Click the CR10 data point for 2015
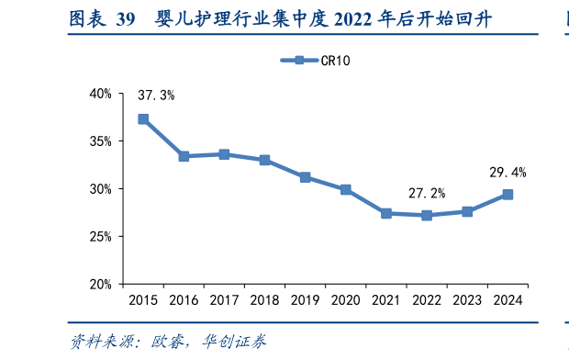(x=143, y=119)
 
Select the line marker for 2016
(x=184, y=156)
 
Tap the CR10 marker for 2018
(x=264, y=160)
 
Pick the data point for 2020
(x=345, y=189)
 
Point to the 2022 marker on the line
(x=427, y=215)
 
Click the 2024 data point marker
(x=508, y=195)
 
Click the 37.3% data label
(x=156, y=96)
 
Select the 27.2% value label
(x=427, y=193)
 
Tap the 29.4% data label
(x=508, y=172)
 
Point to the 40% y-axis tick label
(x=100, y=94)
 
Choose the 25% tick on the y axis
(x=100, y=237)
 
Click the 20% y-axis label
(x=100, y=285)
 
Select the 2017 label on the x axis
(x=224, y=300)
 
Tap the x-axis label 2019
(x=305, y=300)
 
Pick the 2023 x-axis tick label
(x=467, y=300)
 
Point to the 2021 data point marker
(x=386, y=213)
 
